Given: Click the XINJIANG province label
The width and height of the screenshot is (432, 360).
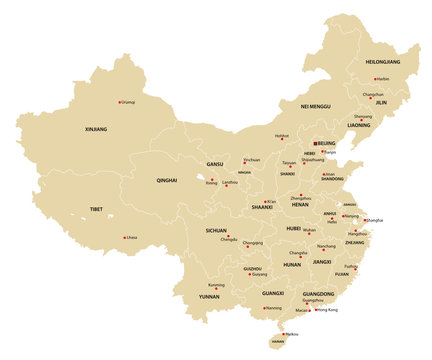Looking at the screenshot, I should [96, 128].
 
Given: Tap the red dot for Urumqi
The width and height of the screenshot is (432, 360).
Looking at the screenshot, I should [121, 101].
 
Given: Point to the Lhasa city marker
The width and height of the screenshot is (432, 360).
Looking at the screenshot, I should [125, 237].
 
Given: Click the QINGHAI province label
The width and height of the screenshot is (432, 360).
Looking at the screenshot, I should [166, 181].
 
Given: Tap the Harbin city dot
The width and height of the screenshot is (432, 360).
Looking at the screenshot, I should [375, 78].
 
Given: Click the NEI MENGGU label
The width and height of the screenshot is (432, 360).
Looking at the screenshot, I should [315, 105].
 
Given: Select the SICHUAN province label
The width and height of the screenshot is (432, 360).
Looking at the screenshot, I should [216, 230].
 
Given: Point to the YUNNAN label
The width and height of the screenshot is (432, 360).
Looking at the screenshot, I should [209, 297].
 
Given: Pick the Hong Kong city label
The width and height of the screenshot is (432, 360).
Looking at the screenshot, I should [328, 310].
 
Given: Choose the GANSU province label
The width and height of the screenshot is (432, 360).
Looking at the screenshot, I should [215, 163].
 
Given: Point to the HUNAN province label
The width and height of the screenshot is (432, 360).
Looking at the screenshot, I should [292, 265].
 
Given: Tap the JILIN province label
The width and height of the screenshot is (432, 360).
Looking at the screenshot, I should [380, 102].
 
